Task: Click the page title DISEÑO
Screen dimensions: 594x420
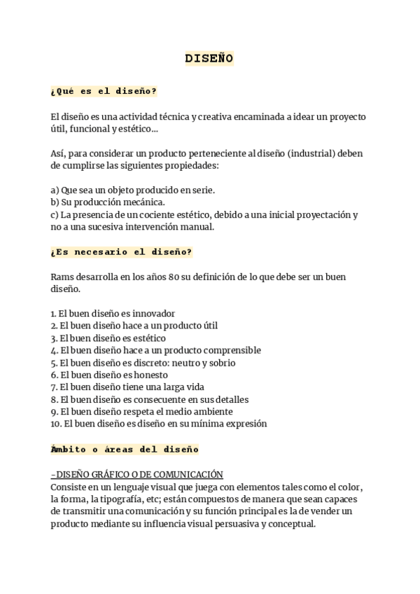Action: point(209,59)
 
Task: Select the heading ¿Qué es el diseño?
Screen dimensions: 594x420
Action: point(104,91)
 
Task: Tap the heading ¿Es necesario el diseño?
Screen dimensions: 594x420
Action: point(121,251)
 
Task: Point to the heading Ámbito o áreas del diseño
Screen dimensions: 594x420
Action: point(125,449)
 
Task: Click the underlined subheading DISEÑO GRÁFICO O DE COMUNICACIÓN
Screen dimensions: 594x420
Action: point(139,474)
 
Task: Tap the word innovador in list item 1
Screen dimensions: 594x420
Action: point(152,313)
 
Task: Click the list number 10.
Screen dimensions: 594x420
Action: point(56,424)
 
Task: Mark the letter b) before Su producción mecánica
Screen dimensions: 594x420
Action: point(55,202)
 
